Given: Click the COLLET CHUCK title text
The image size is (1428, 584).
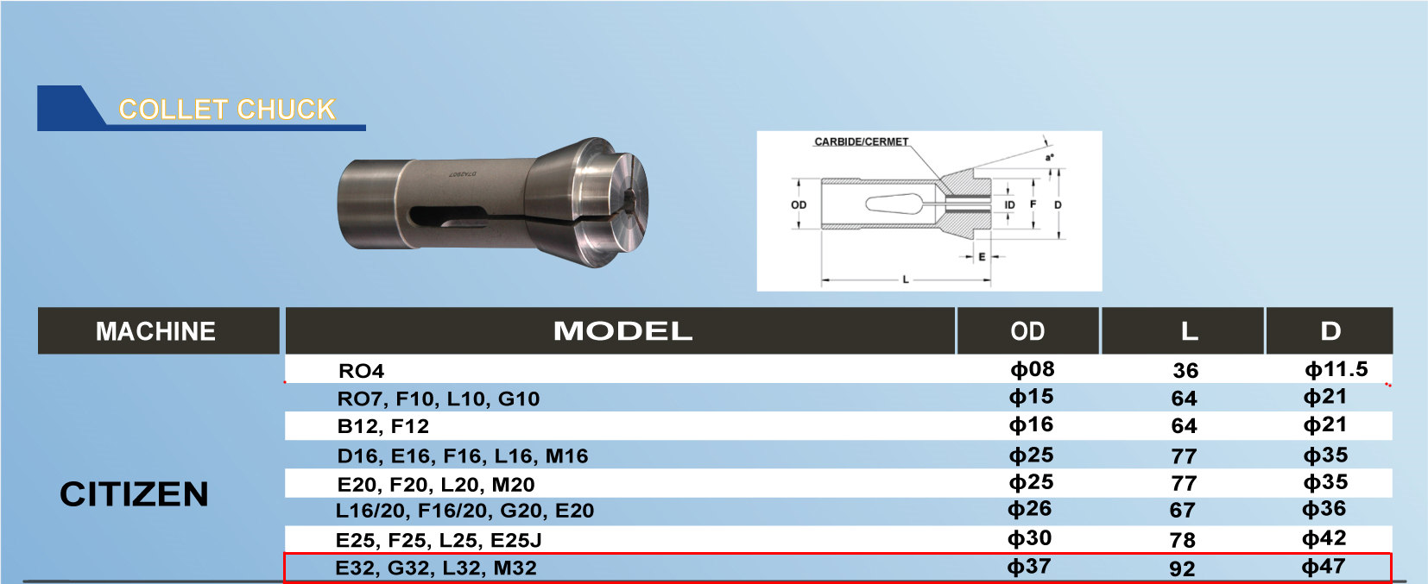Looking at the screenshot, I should (226, 110).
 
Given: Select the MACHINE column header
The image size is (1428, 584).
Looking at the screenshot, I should (156, 331).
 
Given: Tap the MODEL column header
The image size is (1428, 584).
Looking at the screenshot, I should (622, 331).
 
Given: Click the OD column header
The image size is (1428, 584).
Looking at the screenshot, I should (1027, 331).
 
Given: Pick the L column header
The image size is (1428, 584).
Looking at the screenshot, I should (1189, 331).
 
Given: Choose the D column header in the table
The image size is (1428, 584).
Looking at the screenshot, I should (1330, 331).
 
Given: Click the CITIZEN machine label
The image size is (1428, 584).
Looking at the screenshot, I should (134, 494).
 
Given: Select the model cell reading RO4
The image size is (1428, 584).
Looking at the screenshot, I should (361, 371).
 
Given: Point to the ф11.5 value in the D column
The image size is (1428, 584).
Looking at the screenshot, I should (1336, 369).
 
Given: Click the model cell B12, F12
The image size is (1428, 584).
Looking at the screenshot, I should (382, 426).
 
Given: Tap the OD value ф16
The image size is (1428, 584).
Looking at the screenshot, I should (1031, 424).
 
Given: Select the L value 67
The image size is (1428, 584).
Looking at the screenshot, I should (1182, 511).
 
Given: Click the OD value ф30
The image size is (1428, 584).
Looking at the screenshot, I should (1029, 538).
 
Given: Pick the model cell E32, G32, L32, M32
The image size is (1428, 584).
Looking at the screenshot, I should (436, 568).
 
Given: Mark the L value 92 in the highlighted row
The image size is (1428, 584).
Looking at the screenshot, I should (1182, 568).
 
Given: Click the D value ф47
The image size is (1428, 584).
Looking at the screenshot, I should (1324, 567).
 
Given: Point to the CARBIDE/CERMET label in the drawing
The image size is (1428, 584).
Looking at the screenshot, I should (861, 141).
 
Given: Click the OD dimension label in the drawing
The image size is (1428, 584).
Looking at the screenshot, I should (799, 205).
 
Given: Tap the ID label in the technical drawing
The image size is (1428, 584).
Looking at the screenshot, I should (1009, 205).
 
